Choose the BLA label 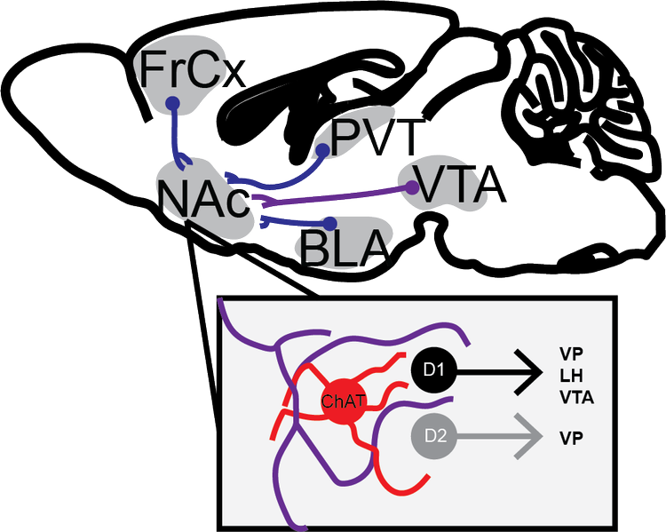pos(345,248)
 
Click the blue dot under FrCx pos(173,104)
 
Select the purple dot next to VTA pos(412,187)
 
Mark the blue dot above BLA pos(330,222)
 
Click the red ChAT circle pos(343,401)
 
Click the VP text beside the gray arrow pos(571,437)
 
